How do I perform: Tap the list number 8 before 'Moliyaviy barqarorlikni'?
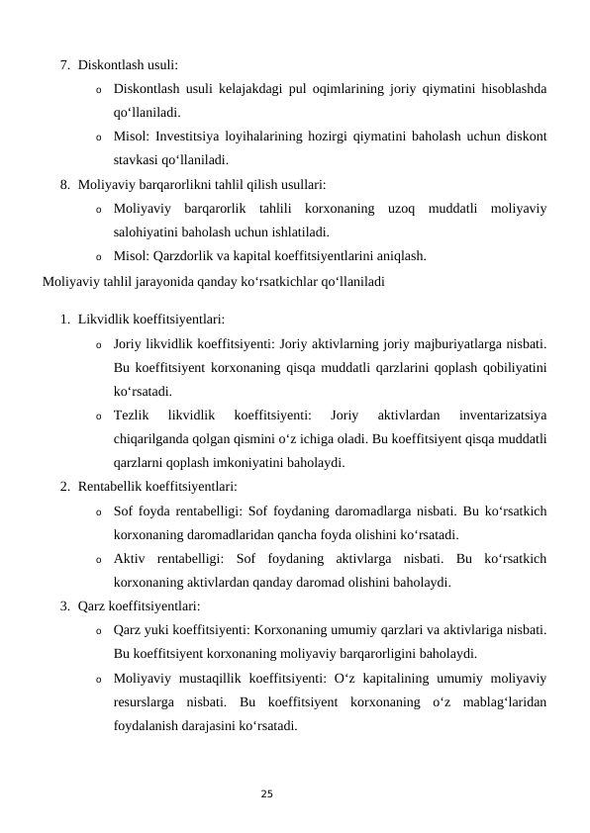coord(63,184)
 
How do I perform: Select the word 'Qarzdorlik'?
coord(186,255)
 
